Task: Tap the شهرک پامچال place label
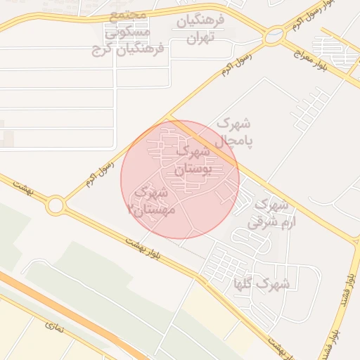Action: pyautogui.click(x=234, y=131)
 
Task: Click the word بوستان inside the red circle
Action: pyautogui.click(x=188, y=169)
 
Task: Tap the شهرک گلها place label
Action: pyautogui.click(x=263, y=284)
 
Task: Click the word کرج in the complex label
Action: pyautogui.click(x=103, y=50)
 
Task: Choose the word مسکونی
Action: pyautogui.click(x=127, y=32)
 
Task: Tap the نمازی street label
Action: pyautogui.click(x=53, y=326)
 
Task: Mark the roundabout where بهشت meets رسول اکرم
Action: pyautogui.click(x=56, y=205)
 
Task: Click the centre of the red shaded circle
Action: pyautogui.click(x=180, y=179)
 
